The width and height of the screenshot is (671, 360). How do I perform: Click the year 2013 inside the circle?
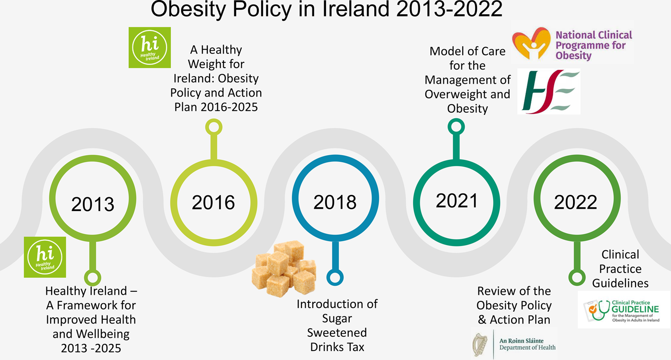(x=93, y=204)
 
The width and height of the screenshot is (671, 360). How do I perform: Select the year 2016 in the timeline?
(x=213, y=202)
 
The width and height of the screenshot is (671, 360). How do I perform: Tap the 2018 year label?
(x=335, y=202)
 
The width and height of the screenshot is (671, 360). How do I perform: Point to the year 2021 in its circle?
(x=457, y=201)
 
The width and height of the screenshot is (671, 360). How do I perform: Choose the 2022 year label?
(x=575, y=202)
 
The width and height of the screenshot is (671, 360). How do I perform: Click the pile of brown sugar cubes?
(x=284, y=268)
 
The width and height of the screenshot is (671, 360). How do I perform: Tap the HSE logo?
(x=548, y=91)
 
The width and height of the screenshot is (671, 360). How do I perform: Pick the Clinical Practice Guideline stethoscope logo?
(x=623, y=309)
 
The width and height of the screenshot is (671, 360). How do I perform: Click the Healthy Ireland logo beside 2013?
(x=45, y=257)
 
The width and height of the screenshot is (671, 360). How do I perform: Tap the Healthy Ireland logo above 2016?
(x=150, y=47)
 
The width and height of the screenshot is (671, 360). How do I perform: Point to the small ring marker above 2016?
(x=213, y=127)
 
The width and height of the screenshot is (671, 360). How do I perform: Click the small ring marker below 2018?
(x=335, y=277)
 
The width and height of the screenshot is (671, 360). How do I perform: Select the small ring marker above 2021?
(x=455, y=126)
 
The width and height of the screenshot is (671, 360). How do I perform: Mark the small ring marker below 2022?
(x=576, y=277)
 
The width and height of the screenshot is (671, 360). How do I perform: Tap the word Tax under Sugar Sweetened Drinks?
(x=354, y=347)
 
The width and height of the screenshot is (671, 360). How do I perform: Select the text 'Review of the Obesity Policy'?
(x=514, y=298)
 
